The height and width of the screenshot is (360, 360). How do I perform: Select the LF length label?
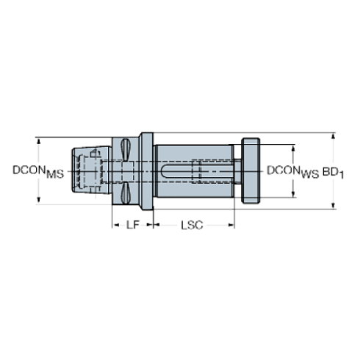pyautogui.click(x=132, y=225)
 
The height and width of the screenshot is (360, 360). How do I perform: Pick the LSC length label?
pyautogui.click(x=192, y=225)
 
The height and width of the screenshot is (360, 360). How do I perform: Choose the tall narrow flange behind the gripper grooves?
pyautogui.click(x=147, y=172)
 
